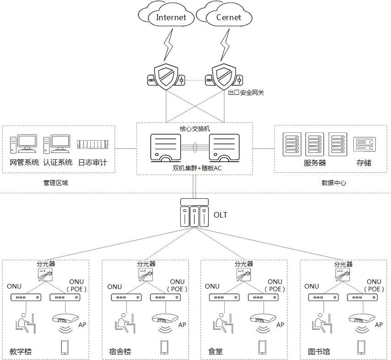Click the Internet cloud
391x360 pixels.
171,17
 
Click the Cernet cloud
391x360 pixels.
228,17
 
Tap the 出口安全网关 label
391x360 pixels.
246,93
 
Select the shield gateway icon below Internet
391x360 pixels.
166,76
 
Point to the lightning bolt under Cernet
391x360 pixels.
225,43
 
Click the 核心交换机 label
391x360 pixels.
195,129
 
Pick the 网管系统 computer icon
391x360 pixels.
23,144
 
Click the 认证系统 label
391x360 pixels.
58,163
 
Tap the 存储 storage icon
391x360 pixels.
364,145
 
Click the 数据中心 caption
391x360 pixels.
334,183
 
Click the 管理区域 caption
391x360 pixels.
55,183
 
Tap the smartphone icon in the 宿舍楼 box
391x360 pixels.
164,347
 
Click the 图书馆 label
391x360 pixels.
319,352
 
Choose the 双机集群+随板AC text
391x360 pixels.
194,169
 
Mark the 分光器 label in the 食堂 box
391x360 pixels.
244,264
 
